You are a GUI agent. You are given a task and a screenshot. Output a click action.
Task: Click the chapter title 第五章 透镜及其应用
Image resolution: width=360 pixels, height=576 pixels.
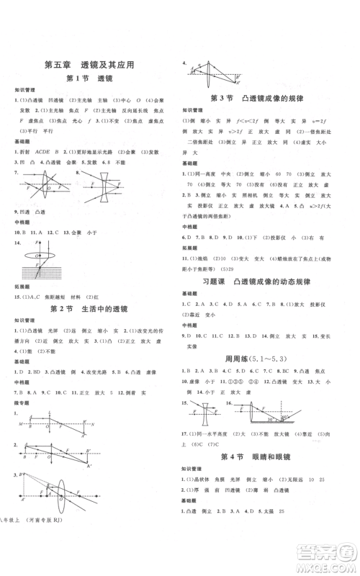[89, 64]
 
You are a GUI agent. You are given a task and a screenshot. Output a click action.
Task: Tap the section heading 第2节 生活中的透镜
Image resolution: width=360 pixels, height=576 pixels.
[89, 309]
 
